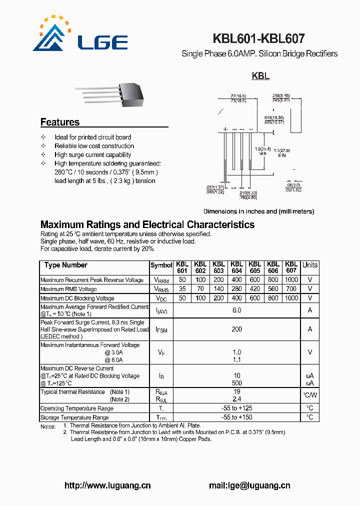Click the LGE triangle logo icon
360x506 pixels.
50,36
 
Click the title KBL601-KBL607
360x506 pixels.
258,39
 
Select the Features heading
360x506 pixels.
60,122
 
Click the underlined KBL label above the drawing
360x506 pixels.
260,76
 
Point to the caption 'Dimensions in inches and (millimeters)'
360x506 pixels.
258,211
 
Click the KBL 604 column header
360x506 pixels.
236,267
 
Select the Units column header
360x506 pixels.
310,265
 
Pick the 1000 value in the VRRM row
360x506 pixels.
291,280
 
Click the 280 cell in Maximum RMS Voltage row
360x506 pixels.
236,289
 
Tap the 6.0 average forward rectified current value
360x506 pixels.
236,310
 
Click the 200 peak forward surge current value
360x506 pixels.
236,329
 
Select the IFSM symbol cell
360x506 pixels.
161,329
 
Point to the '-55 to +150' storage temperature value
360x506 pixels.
236,417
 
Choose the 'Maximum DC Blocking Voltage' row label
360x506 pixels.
77,298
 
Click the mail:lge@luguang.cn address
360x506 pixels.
249,485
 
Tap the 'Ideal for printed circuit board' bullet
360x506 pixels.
93,137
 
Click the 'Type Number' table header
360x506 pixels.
65,265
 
